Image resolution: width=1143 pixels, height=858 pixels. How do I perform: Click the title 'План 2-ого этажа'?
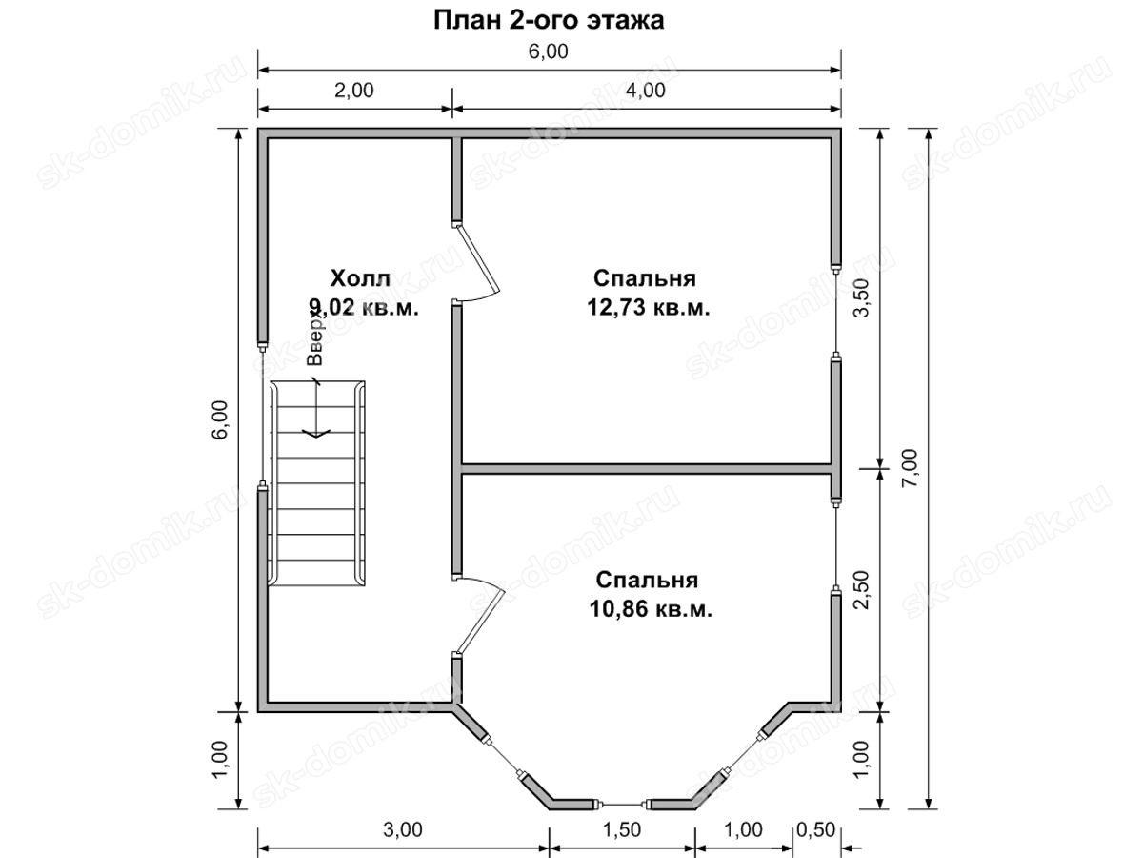pos(548,20)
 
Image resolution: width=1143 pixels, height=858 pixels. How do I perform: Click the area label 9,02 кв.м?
pos(364,308)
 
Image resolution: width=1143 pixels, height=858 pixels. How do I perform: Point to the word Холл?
pos(360,278)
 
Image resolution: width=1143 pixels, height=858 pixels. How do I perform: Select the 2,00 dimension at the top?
pos(354,91)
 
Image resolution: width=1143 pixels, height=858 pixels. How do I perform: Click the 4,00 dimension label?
pos(646,91)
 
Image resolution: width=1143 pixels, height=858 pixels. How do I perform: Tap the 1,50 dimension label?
pos(621,829)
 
